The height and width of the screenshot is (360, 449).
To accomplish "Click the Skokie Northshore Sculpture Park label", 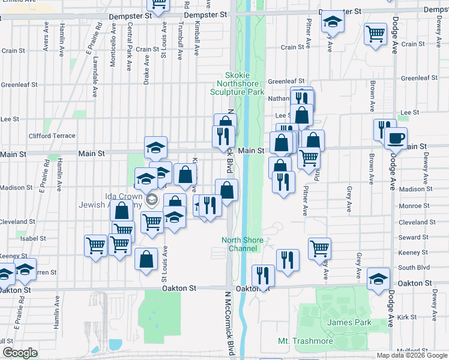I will coord(237,83).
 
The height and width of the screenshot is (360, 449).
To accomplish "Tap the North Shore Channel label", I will coord(243,244).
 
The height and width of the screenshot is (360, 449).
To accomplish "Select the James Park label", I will coord(349,323).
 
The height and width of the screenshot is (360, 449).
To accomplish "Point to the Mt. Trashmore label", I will coord(305,341).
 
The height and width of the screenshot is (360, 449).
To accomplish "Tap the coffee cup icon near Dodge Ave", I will coord(396,138).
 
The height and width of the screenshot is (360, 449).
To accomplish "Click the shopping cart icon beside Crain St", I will coord(375,34).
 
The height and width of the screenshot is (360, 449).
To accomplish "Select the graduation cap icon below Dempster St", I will coord(333,23).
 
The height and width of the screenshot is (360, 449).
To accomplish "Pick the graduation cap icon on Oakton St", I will coord(378,278).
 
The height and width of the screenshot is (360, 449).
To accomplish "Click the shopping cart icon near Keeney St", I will coord(320,247).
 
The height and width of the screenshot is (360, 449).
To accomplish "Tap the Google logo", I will coord(20,353).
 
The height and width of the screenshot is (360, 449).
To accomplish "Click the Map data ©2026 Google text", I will coord(412,355).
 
